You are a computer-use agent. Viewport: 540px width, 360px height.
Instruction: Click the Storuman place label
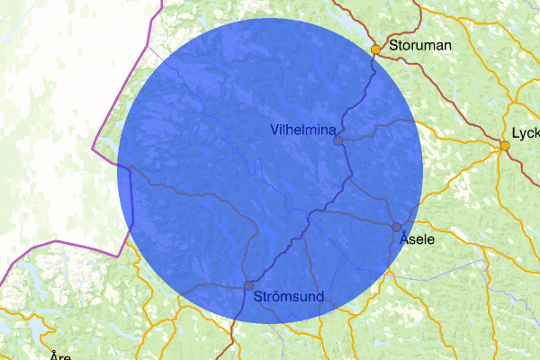pyautogui.click(x=419, y=43)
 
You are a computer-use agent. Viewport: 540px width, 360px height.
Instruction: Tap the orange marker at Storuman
pyautogui.click(x=375, y=49)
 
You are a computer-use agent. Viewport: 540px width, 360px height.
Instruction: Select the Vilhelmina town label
pyautogui.click(x=304, y=130)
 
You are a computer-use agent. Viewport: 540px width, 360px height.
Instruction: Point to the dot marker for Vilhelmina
pyautogui.click(x=337, y=140)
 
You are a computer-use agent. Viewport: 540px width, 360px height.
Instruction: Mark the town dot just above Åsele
pyautogui.click(x=396, y=227)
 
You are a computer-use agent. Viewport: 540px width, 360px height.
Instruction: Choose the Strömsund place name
pyautogui.click(x=290, y=295)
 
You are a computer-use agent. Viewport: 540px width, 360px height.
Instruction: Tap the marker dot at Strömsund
pyautogui.click(x=248, y=285)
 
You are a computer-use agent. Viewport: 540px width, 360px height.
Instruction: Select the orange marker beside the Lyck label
pyautogui.click(x=505, y=146)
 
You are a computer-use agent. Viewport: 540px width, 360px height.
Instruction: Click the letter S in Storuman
pyautogui.click(x=393, y=44)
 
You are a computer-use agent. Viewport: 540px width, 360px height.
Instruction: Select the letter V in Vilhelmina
pyautogui.click(x=274, y=130)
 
